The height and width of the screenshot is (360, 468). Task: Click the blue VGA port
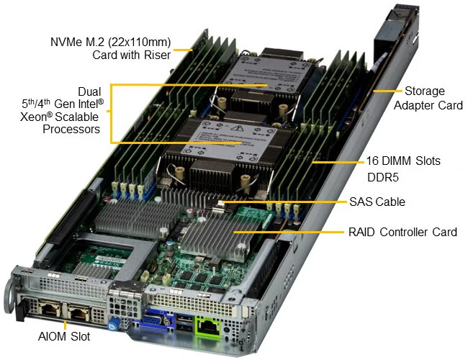pyautogui.click(x=153, y=320)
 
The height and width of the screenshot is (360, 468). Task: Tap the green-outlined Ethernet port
pyautogui.click(x=208, y=328)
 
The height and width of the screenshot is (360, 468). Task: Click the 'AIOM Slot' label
pyautogui.click(x=64, y=336)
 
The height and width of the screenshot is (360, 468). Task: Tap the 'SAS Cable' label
pyautogui.click(x=377, y=202)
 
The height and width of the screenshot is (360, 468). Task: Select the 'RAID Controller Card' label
pyautogui.click(x=402, y=232)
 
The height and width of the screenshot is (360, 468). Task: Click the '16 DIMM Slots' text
pyautogui.click(x=403, y=161)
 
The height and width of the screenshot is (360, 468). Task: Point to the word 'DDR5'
pyautogui.click(x=382, y=177)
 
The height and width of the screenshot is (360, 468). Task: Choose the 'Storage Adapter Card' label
pyautogui.click(x=428, y=98)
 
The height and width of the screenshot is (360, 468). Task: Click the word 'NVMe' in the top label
pyautogui.click(x=66, y=42)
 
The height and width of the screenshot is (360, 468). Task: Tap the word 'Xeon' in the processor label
pyautogui.click(x=34, y=117)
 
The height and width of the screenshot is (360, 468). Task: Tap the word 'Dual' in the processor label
pyautogui.click(x=89, y=91)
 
